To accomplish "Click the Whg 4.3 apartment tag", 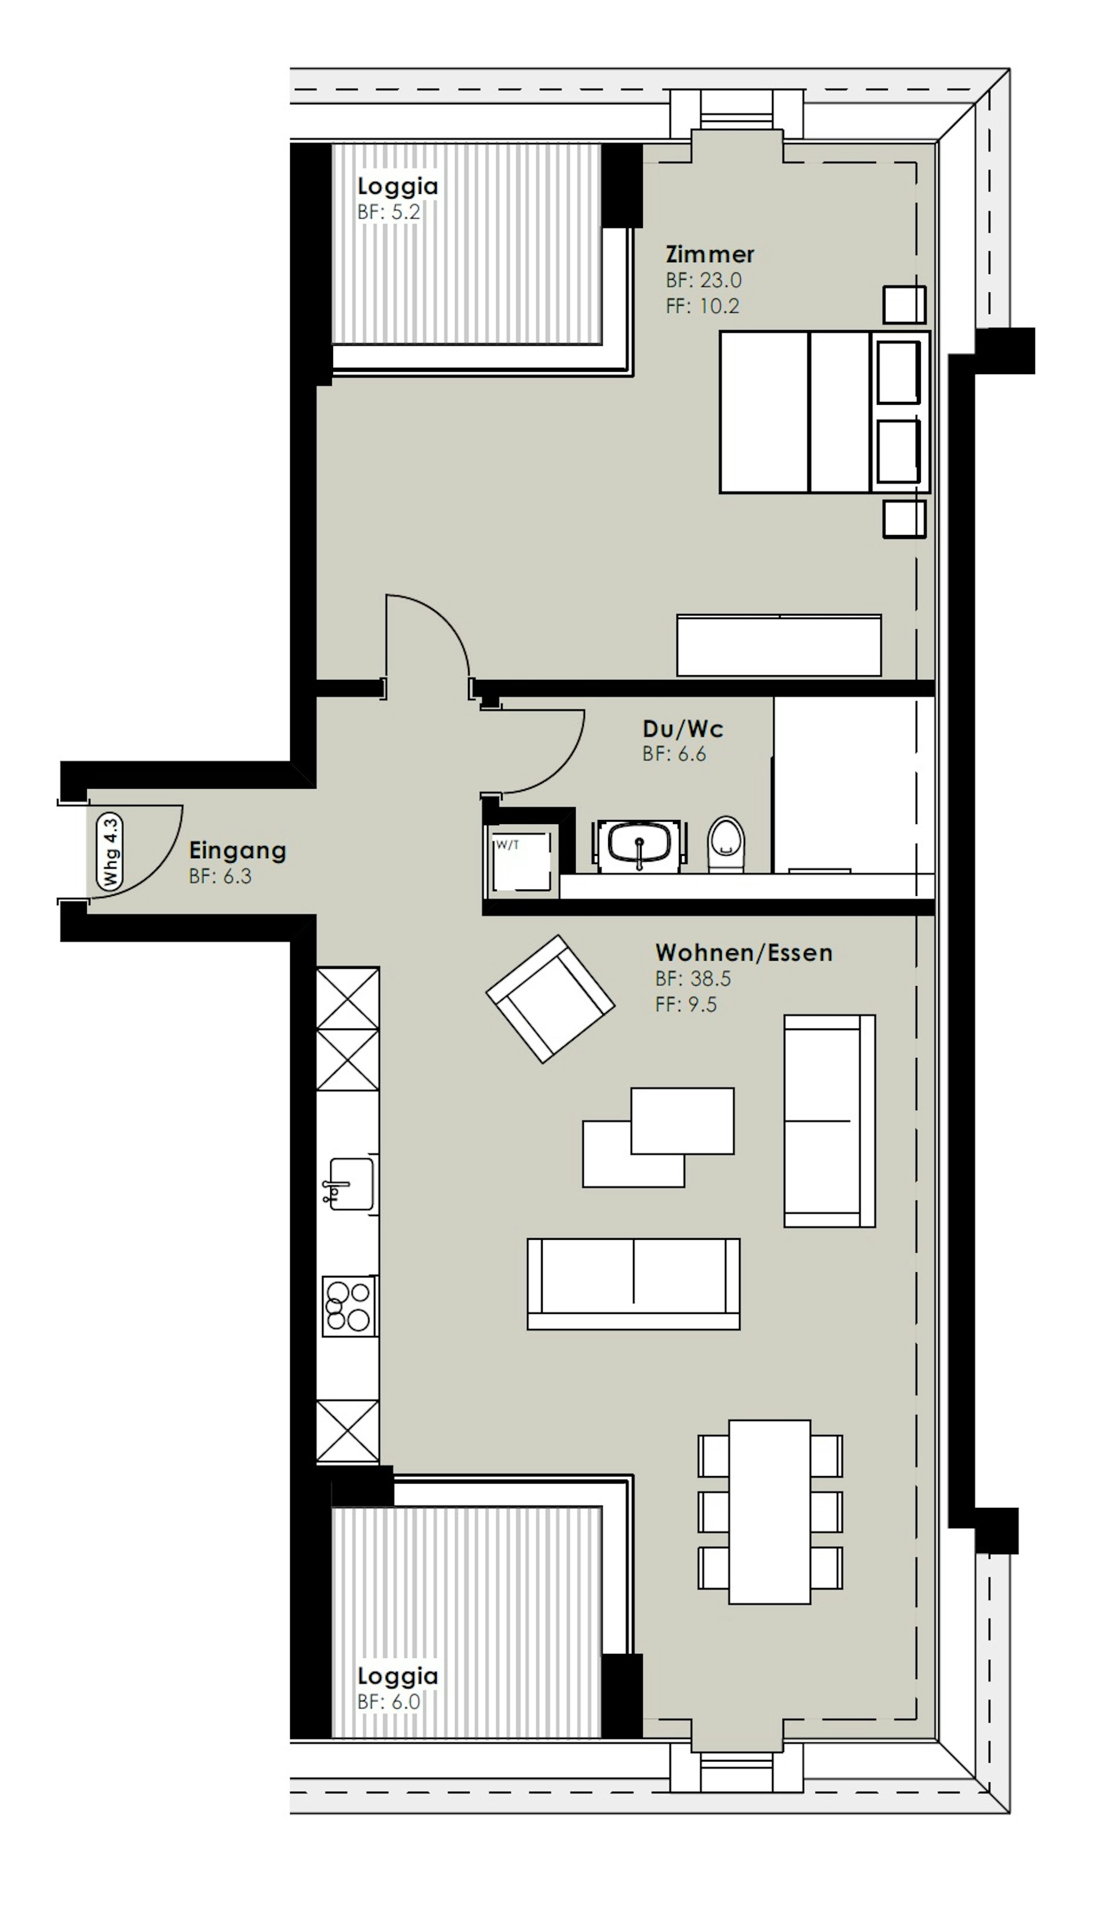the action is click(x=110, y=851).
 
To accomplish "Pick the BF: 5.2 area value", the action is click(x=389, y=212).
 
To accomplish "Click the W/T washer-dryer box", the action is click(x=521, y=862).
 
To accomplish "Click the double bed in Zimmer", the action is click(x=825, y=411).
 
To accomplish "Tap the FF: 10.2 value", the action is click(x=703, y=306).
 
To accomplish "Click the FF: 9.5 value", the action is click(x=686, y=1005).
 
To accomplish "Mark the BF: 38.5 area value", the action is click(x=693, y=979).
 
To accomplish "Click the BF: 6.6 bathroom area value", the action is click(x=674, y=754).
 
